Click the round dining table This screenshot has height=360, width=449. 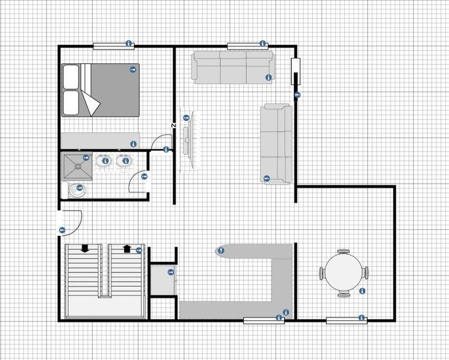click(x=343, y=272)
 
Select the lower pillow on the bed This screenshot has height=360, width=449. click(x=71, y=102)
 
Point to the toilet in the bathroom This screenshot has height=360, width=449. click(x=76, y=192)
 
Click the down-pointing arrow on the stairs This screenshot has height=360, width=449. click(x=85, y=248)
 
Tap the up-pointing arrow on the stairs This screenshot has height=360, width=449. click(x=126, y=248)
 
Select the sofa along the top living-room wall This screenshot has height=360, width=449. click(x=232, y=67)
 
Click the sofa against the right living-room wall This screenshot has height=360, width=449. click(x=276, y=143)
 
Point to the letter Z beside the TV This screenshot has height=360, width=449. click(x=174, y=125)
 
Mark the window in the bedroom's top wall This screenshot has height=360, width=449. click(x=109, y=45)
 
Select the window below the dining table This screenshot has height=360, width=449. click(x=346, y=320)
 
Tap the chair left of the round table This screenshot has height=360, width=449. click(x=323, y=273)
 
